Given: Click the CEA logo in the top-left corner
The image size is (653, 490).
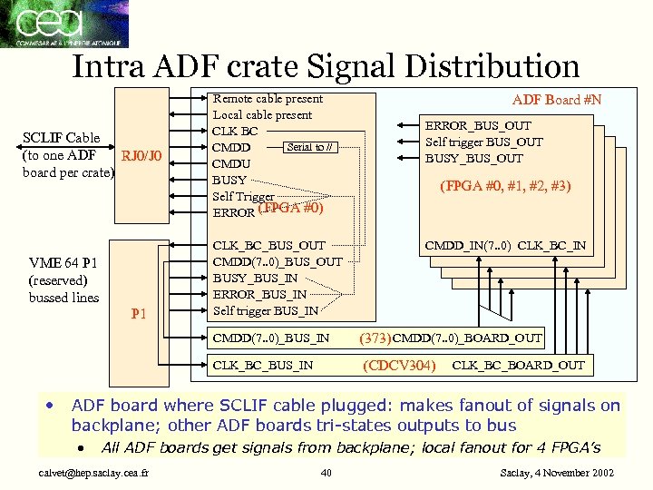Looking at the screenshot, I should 64,24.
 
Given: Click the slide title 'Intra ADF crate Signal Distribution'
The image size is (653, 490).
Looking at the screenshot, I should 326,66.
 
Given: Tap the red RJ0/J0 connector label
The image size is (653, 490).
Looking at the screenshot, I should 141,155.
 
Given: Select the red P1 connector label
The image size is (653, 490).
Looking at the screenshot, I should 140,314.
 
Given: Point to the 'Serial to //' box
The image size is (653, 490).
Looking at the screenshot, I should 311,147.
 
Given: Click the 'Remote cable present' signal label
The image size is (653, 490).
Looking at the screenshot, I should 268,98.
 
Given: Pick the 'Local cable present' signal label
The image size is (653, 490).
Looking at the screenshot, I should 262,114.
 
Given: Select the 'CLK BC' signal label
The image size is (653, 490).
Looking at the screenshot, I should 235,131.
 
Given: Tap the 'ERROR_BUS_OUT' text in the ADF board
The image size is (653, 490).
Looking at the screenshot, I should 479,125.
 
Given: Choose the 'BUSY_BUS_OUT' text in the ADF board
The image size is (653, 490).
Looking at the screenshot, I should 474,158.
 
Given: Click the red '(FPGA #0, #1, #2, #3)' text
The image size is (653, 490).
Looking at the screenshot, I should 504,188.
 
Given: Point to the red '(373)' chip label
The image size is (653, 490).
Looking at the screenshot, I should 375,338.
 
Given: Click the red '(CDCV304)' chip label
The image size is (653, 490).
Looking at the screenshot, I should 400,366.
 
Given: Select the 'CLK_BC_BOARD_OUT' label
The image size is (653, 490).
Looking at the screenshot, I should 519,366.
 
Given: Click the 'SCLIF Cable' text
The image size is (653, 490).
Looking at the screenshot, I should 60,138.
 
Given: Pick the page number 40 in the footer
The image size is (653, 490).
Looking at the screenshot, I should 326,472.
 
